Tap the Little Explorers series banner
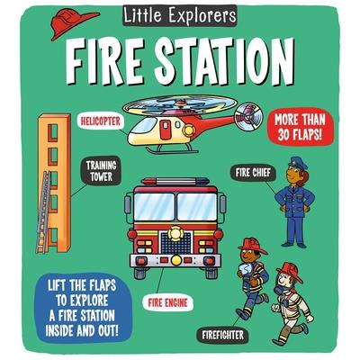click(x=180, y=15)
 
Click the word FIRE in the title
click(x=102, y=60)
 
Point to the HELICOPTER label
click(x=100, y=121)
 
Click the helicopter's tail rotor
click(x=248, y=117)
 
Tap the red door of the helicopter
click(x=166, y=130)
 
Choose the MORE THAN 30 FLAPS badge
click(x=300, y=127)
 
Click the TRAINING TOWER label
click(x=101, y=171)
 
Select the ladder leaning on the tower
click(x=42, y=211)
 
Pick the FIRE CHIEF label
click(x=253, y=173)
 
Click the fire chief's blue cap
click(x=297, y=163)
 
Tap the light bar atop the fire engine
click(x=175, y=182)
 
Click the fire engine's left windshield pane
click(x=154, y=206)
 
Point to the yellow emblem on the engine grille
click(x=175, y=233)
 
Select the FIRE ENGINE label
click(x=167, y=302)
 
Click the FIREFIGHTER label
click(x=222, y=335)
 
